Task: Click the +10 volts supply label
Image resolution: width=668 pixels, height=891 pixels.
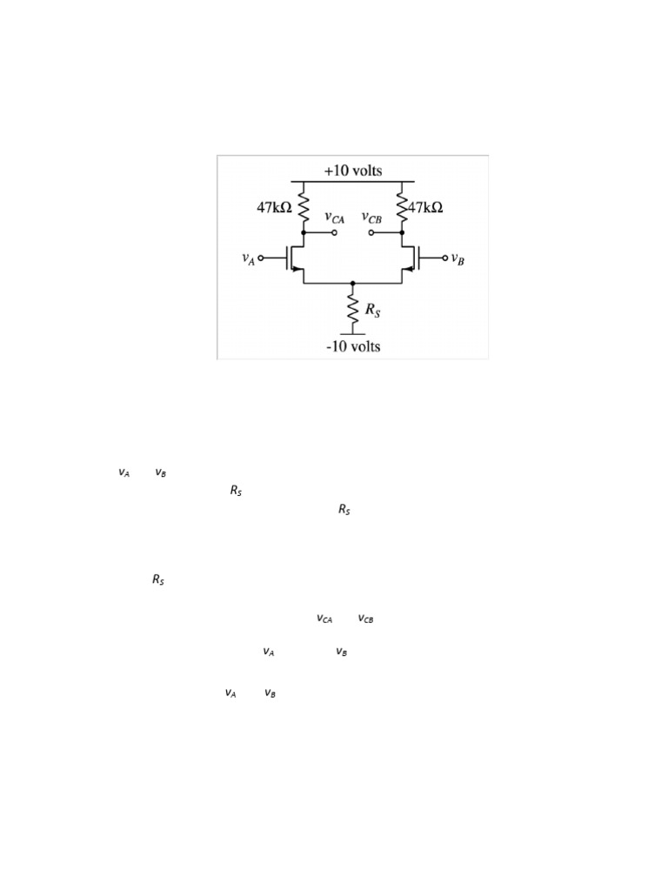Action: tap(352, 171)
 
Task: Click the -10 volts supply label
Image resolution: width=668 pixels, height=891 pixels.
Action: tap(352, 346)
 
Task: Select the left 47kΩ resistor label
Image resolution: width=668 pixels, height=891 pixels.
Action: tap(274, 208)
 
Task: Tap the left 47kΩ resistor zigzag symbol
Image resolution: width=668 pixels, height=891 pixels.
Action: tap(304, 208)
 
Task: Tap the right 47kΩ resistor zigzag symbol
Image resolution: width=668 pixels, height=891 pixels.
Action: tap(402, 208)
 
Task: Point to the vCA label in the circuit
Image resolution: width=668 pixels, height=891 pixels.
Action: tap(334, 218)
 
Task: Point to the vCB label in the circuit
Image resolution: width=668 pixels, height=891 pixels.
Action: tap(372, 218)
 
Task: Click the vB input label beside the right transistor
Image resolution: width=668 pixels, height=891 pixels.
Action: tap(457, 258)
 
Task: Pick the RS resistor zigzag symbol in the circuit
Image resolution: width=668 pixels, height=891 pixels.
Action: tap(352, 307)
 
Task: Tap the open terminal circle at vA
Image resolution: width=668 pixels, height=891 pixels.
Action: tap(261, 258)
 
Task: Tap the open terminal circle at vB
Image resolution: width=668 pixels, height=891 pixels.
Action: tap(444, 258)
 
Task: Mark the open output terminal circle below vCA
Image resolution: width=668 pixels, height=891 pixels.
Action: tap(334, 233)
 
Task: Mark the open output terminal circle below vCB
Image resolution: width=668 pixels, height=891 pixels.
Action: tap(371, 233)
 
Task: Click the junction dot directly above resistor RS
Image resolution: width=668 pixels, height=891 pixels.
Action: tap(352, 283)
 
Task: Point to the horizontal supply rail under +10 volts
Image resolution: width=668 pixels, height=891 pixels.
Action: tap(352, 181)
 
